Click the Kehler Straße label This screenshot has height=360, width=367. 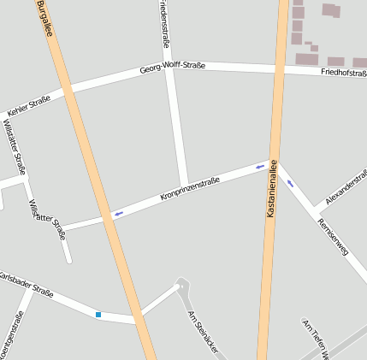tap(28, 106)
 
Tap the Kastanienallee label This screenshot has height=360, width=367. tap(272, 187)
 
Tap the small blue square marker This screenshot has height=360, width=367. tap(98, 316)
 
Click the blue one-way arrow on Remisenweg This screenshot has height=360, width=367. tap(291, 182)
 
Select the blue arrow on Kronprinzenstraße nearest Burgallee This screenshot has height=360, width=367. tap(118, 213)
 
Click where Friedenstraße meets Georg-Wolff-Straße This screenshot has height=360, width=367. tap(170, 68)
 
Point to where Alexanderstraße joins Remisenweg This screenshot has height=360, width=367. tap(315, 210)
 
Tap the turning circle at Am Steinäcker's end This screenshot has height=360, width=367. tap(181, 283)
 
